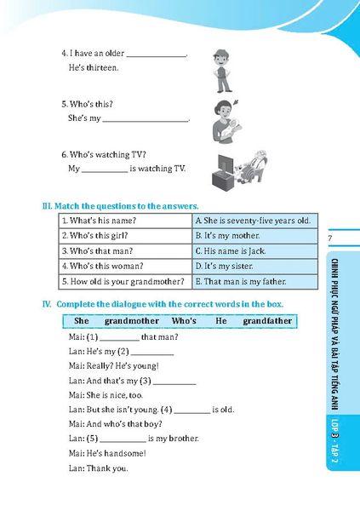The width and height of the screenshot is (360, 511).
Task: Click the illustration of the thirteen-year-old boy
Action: pos(223,69)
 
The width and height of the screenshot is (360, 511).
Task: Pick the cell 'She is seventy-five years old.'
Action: pos(252,221)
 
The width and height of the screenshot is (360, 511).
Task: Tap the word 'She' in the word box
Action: pos(82,321)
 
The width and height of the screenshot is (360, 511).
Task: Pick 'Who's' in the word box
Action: pos(184,321)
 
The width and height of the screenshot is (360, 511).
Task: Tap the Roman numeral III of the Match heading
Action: pos(48,205)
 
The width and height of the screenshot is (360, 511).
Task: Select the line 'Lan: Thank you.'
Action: pos(98,468)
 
